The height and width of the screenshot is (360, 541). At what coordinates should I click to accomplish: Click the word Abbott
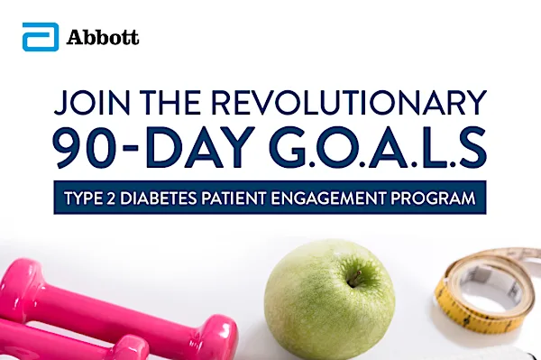pos(103,39)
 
